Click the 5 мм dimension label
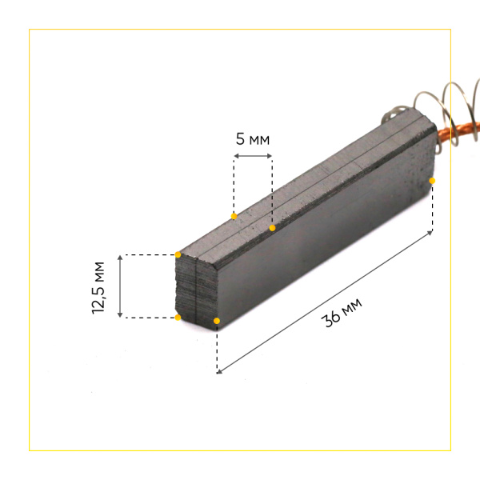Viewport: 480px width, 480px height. pyautogui.click(x=253, y=139)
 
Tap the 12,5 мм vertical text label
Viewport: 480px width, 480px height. pyautogui.click(x=99, y=287)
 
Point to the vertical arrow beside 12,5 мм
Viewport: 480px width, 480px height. pyautogui.click(x=120, y=286)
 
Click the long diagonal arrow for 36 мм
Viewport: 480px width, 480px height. pyautogui.click(x=324, y=302)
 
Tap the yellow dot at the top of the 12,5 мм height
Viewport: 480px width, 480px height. pyautogui.click(x=178, y=255)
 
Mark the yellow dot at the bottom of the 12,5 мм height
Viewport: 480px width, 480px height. pyautogui.click(x=178, y=318)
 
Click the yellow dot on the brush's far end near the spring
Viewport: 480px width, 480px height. pyautogui.click(x=432, y=181)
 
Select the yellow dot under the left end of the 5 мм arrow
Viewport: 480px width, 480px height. pyautogui.click(x=234, y=217)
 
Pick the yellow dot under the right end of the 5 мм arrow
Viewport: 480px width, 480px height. pyautogui.click(x=272, y=228)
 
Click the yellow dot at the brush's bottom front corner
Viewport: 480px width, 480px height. pyautogui.click(x=217, y=322)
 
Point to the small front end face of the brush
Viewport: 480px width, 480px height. pyautogui.click(x=196, y=288)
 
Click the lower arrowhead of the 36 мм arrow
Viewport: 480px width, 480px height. pyautogui.click(x=219, y=371)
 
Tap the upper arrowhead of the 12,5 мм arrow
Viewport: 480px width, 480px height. pyautogui.click(x=120, y=258)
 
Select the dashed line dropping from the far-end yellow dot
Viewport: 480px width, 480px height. pyautogui.click(x=432, y=206)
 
